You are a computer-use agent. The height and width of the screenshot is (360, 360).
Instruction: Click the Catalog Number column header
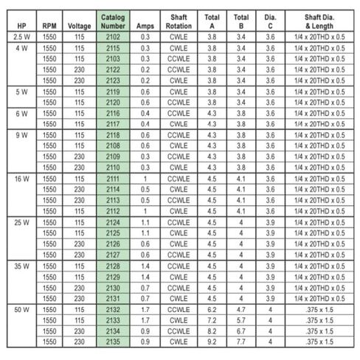113,21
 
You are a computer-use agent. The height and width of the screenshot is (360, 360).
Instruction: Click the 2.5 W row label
21,36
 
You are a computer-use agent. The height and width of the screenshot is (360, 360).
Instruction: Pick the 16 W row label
21,179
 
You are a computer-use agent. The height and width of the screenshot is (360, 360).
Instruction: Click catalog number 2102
113,36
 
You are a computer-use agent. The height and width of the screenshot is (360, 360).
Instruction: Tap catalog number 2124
113,221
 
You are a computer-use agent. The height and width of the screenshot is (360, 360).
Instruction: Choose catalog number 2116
113,114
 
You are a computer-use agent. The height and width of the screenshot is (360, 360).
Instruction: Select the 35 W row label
21,264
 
